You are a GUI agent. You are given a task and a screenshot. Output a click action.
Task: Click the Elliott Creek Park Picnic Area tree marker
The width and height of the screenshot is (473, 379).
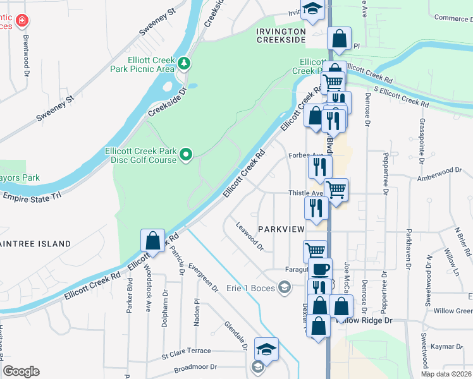click(x=184, y=63)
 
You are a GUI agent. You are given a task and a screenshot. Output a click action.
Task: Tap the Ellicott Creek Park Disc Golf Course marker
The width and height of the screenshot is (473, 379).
click(x=186, y=154)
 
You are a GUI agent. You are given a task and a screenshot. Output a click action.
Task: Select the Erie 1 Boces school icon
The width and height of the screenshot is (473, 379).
click(x=285, y=288)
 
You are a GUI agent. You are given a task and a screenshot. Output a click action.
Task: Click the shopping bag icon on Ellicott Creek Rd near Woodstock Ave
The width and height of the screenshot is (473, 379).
click(x=152, y=241)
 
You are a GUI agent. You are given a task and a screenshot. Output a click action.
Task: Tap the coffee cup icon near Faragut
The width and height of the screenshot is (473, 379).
click(x=320, y=268)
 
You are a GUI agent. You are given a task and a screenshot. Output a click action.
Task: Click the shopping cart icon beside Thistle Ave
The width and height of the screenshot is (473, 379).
click(x=336, y=188)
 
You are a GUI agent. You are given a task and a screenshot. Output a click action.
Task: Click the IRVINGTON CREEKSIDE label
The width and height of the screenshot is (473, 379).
click(x=281, y=35)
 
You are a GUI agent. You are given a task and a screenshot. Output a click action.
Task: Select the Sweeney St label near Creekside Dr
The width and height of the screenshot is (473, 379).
click(x=55, y=107)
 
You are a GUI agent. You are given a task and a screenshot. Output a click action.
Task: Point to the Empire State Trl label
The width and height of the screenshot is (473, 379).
click(x=32, y=196)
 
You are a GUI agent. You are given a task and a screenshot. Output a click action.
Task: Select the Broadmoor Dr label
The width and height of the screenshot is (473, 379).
click(x=195, y=366)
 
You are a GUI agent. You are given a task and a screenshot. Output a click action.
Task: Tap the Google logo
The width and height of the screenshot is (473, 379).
click(x=21, y=371)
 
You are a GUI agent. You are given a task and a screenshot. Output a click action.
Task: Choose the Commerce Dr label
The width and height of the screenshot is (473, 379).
click(x=451, y=18)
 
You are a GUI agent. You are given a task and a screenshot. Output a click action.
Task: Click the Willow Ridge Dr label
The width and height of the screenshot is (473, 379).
click(x=365, y=320)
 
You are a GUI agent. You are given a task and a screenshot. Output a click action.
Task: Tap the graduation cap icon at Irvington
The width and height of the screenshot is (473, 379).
click(x=312, y=8)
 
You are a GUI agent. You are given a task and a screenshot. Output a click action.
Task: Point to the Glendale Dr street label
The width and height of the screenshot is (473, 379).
click(x=235, y=335)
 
